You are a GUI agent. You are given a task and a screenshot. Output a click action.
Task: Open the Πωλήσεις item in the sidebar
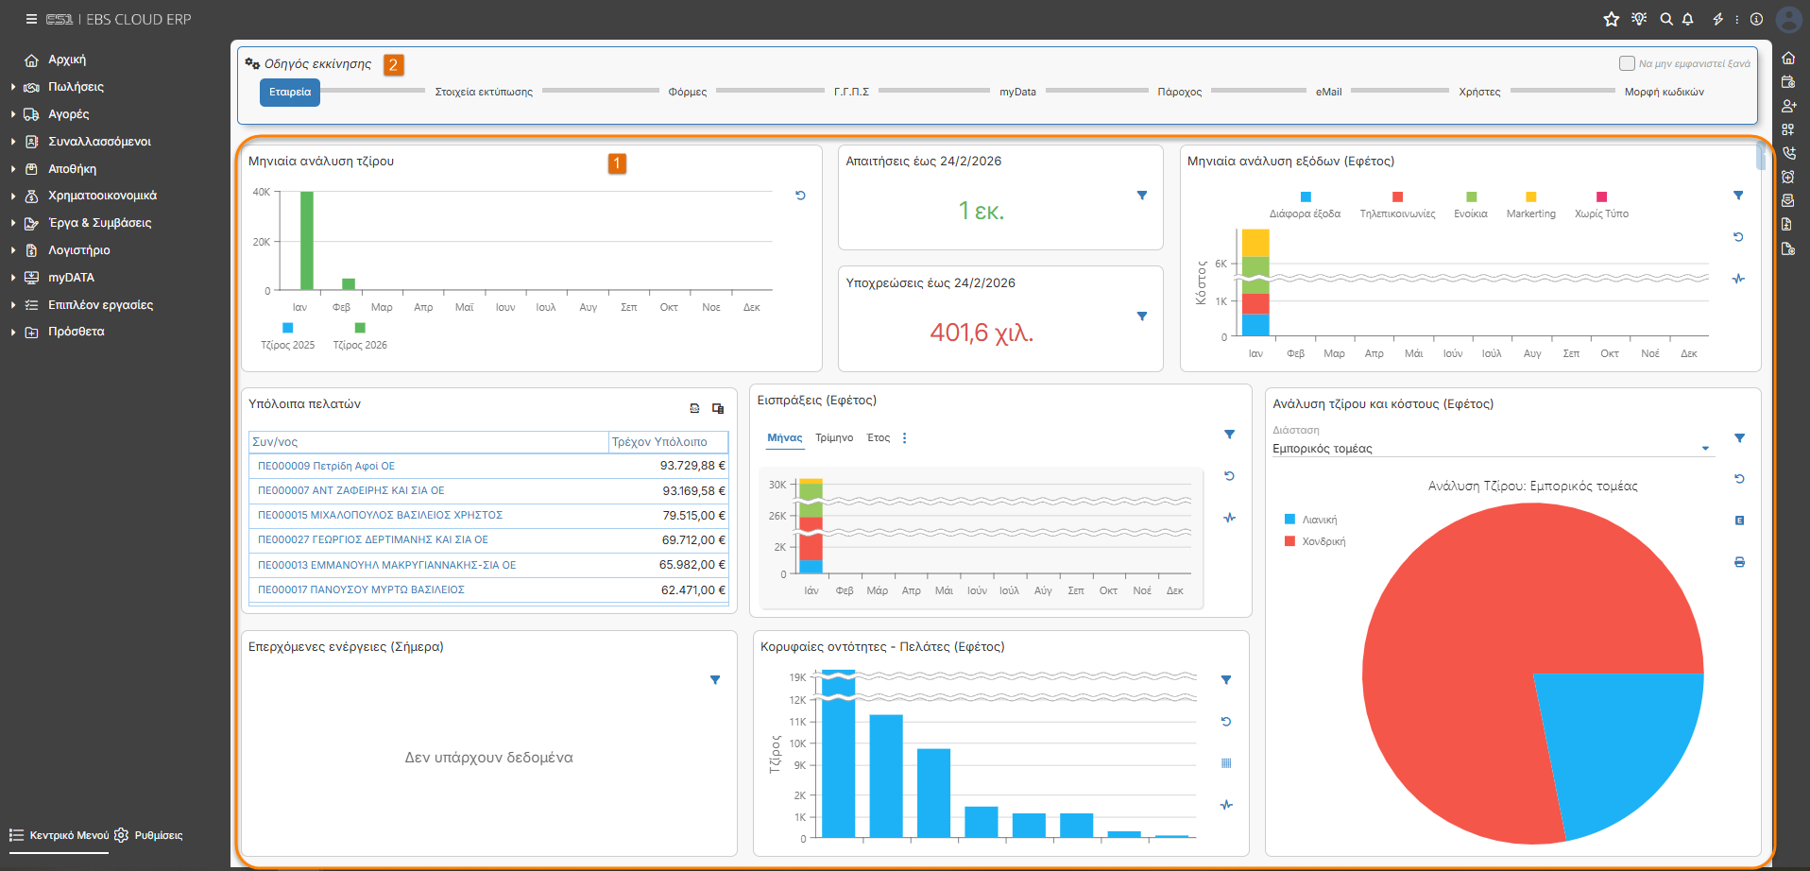coord(76,87)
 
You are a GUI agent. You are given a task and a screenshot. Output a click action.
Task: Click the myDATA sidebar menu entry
coord(71,278)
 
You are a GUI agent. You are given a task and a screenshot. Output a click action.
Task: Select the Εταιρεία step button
coord(290,93)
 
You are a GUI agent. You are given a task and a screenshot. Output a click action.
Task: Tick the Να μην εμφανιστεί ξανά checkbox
coord(1627,63)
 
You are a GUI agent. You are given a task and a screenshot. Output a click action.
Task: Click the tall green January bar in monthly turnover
coord(307,241)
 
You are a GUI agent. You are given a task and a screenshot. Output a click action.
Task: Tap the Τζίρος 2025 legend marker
coord(288,328)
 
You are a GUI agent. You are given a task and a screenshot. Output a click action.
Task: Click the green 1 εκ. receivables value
coord(982,211)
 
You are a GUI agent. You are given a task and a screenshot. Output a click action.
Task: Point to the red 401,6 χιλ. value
coord(982,333)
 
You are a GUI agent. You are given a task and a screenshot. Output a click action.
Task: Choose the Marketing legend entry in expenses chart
coord(1530,213)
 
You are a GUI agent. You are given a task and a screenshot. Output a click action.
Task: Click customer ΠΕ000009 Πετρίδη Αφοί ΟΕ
coord(327,466)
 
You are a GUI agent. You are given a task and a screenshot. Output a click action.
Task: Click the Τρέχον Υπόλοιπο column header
coord(659,442)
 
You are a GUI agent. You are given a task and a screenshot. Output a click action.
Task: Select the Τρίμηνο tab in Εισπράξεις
coord(834,438)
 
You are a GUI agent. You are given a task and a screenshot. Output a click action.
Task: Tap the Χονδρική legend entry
coord(1323,542)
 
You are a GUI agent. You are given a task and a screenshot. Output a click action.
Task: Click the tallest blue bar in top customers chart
coord(838,754)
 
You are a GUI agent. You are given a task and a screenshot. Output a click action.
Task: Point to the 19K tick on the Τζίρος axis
coord(797,678)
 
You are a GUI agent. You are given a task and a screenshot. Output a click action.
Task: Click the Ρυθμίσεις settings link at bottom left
coord(159,836)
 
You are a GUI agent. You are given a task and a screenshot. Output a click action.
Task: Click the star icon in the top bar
coord(1612,19)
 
